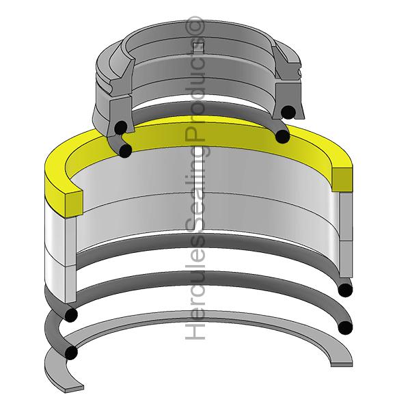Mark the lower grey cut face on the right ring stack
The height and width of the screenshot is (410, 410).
coord(343,260)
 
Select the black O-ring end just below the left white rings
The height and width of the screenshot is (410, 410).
coord(70,314)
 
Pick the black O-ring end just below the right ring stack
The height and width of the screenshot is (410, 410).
coord(346,290)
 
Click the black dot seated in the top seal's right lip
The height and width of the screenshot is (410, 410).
coord(289,111)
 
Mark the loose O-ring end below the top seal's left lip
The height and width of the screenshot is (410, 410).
coord(125,150)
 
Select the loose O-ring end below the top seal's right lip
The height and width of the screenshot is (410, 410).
coord(282,137)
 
